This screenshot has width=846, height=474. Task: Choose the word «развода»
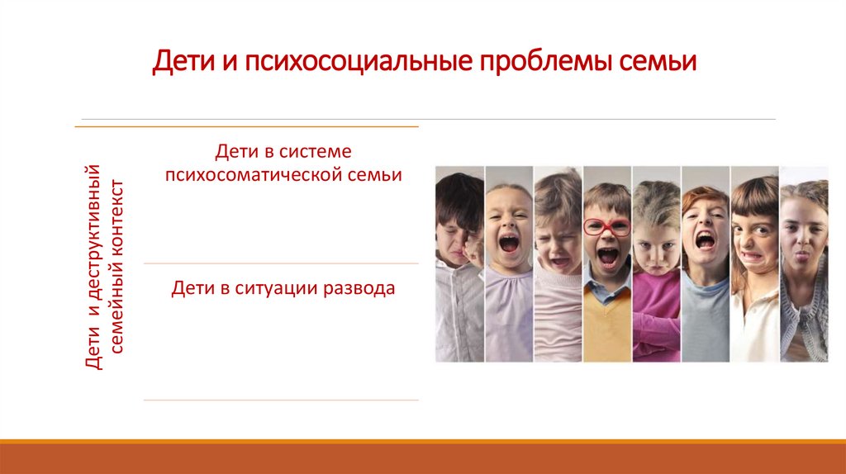point(358,289)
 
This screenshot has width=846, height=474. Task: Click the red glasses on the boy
point(606,225)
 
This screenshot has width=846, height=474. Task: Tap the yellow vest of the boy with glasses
point(607,326)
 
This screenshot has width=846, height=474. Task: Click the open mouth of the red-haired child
point(705,240)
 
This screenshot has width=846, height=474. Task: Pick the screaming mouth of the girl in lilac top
point(508,242)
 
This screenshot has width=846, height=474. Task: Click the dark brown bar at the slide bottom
point(423,459)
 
